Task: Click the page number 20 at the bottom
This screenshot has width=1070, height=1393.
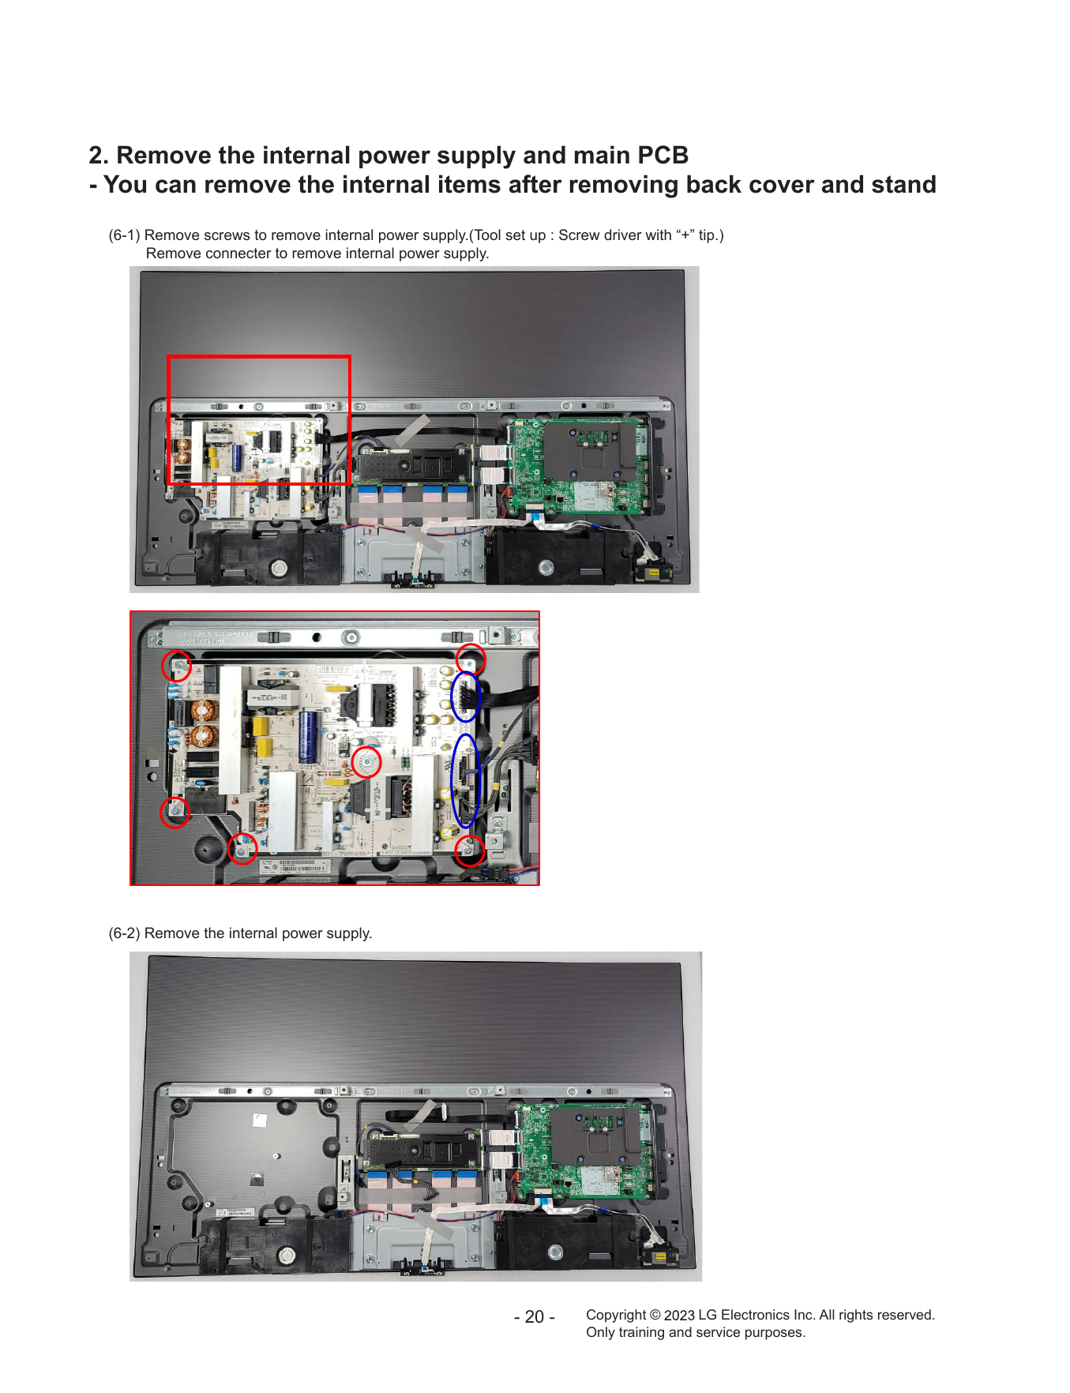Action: [x=535, y=1317]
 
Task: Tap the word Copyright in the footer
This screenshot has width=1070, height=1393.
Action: [x=616, y=1315]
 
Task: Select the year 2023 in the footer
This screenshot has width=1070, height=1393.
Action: [x=679, y=1315]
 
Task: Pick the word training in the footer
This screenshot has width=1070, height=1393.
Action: [x=641, y=1332]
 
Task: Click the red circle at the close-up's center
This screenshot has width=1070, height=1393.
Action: [x=366, y=763]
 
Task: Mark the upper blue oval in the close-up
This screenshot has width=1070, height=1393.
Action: [x=465, y=696]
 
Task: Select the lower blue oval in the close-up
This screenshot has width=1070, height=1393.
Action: [x=466, y=781]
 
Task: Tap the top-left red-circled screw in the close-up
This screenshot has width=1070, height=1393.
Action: [x=177, y=666]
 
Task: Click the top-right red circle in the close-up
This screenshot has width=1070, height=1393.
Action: [x=471, y=659]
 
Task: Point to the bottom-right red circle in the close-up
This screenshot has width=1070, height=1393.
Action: [x=470, y=850]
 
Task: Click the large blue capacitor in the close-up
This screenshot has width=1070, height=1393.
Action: [x=308, y=738]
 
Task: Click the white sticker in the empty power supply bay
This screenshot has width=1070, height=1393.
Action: [x=259, y=1121]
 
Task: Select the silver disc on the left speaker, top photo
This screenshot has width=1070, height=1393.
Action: [x=278, y=568]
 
